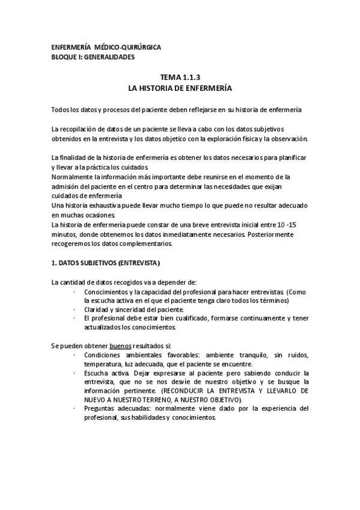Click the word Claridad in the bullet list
pos(97,310)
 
